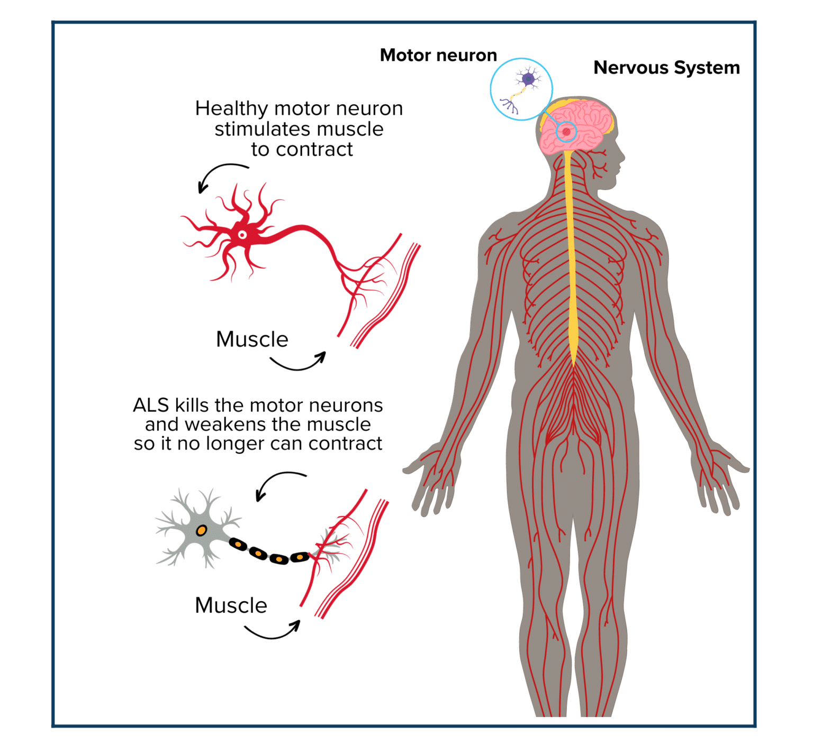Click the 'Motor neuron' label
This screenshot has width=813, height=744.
[x=438, y=55]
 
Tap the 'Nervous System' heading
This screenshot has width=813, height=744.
[x=666, y=68]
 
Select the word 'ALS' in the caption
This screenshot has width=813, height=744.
[x=151, y=405]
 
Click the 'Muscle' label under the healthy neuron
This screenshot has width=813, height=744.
[x=252, y=339]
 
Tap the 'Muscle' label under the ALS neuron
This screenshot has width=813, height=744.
[x=231, y=605]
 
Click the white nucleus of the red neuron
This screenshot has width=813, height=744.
[x=242, y=235]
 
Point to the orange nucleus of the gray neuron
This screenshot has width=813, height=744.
[x=201, y=530]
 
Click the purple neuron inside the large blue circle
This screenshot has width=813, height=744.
[x=527, y=80]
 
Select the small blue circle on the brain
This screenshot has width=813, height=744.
[x=566, y=132]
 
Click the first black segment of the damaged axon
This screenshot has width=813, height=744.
[x=238, y=544]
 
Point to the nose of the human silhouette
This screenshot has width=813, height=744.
[x=623, y=157]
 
